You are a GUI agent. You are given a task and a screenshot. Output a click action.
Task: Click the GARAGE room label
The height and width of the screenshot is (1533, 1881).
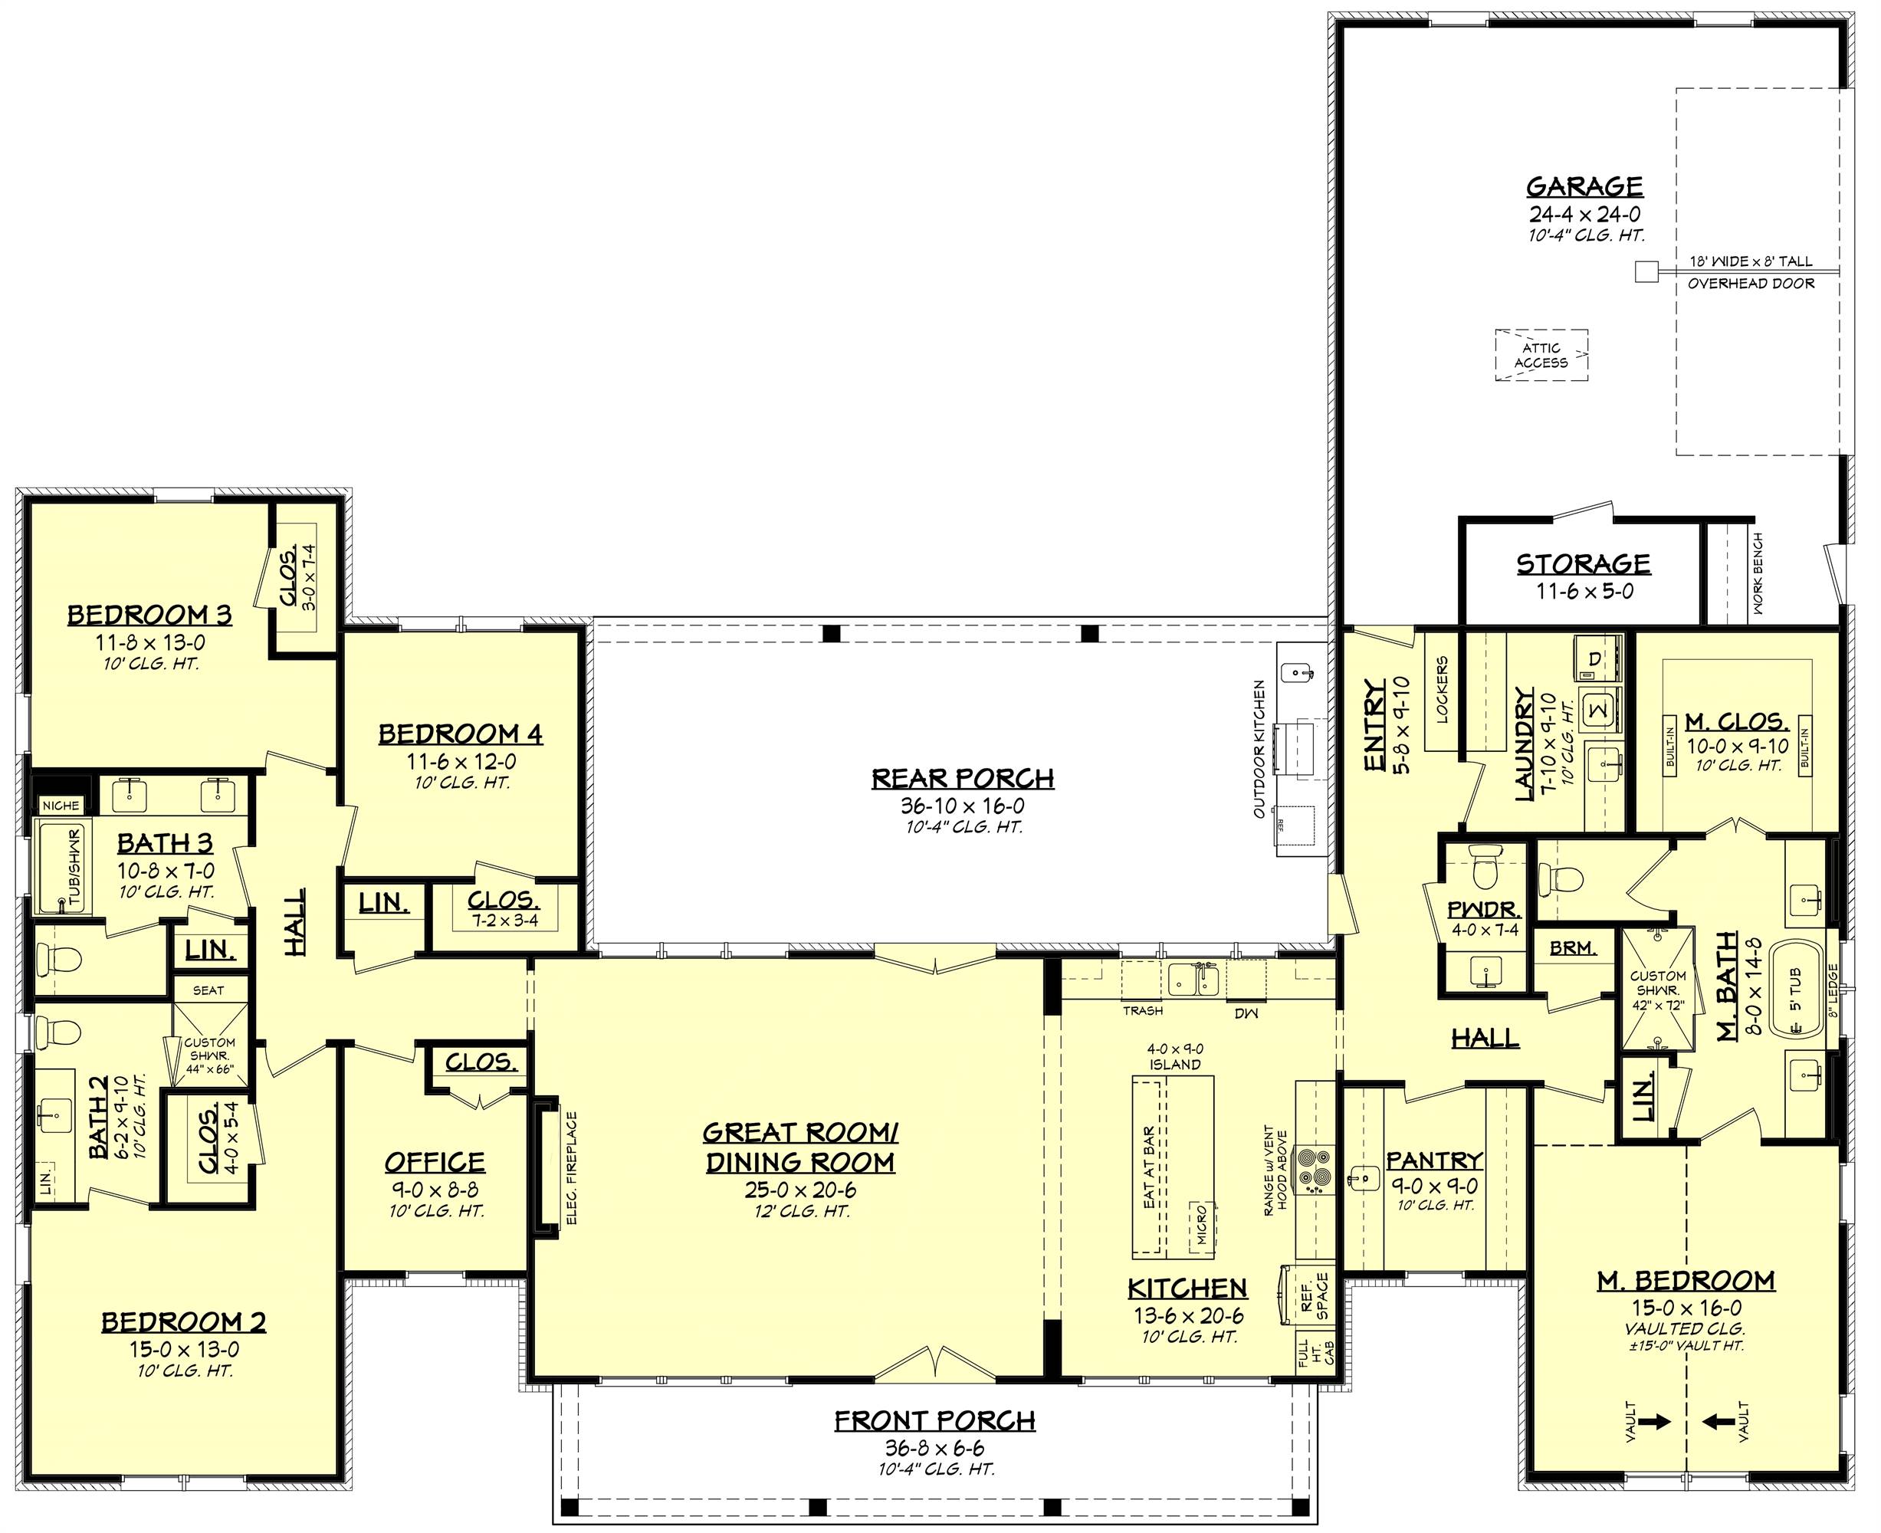(x=1584, y=187)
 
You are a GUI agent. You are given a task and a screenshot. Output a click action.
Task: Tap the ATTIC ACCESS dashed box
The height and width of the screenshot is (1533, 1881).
(x=1541, y=355)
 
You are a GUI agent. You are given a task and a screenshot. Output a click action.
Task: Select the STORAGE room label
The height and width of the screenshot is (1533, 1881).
(x=1584, y=563)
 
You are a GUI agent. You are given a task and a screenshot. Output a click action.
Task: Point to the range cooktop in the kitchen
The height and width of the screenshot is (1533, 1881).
(x=1311, y=1169)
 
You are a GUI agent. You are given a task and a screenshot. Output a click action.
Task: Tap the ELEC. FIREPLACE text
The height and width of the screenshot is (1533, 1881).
(x=571, y=1168)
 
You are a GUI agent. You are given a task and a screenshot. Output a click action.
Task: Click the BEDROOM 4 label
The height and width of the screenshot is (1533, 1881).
(x=460, y=734)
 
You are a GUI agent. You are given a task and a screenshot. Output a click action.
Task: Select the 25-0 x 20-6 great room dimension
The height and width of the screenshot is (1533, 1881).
(x=800, y=1190)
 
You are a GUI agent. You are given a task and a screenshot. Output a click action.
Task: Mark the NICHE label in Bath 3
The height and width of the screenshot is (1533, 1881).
(x=61, y=806)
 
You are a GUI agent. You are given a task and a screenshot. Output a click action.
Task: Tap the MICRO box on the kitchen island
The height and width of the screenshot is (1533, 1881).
(x=1201, y=1223)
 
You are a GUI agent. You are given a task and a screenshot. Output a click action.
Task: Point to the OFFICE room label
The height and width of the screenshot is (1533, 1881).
(x=435, y=1162)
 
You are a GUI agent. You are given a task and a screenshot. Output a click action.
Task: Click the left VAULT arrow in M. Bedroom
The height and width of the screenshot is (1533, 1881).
(x=1656, y=1422)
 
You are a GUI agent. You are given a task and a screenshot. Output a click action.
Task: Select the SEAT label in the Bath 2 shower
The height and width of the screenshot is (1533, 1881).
(x=208, y=990)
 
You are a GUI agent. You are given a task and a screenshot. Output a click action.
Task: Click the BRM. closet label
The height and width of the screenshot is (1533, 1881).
(x=1573, y=948)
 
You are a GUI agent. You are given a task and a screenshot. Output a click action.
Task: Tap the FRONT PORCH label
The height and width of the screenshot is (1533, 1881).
(x=934, y=1421)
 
